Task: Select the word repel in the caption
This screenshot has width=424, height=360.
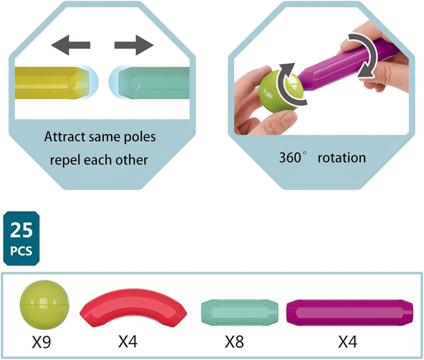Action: [65, 160]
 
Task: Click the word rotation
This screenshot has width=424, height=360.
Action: [342, 157]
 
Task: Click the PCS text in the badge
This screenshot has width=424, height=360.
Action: [22, 251]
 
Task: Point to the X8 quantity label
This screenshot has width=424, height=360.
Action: [234, 342]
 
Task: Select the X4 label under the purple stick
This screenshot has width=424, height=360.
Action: [348, 342]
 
